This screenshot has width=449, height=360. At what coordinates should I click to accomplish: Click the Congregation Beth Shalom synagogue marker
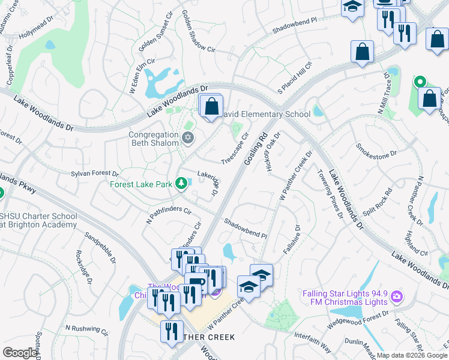[x=187, y=139]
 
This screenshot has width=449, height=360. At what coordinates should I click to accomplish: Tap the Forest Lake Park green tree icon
[x=181, y=184]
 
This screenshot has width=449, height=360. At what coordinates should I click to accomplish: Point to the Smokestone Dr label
[x=376, y=149]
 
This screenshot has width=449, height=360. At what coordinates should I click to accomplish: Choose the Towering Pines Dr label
[x=330, y=193]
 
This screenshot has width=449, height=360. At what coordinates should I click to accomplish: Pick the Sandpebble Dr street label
[x=100, y=248]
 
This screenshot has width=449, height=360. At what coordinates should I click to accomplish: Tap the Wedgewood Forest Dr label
[x=358, y=319]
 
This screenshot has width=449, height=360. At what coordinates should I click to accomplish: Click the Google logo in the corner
[x=20, y=353]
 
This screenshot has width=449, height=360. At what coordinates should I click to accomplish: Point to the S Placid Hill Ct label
[x=295, y=77]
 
